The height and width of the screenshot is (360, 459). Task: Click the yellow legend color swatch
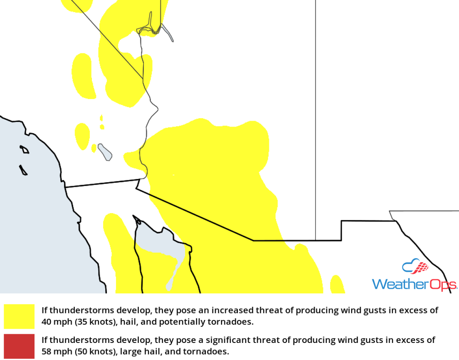point(19,316)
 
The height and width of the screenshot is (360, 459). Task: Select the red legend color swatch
point(19,346)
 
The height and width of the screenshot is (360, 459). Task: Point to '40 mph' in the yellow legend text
point(54,322)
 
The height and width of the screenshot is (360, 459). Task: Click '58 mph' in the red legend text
point(54,351)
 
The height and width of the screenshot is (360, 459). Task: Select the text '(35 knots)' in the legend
point(91,322)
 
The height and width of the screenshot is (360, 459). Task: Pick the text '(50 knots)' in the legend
point(91,351)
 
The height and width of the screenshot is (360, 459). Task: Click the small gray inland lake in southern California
point(105,152)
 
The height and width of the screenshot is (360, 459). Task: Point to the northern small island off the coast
point(25,149)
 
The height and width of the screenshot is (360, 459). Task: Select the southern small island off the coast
point(23,170)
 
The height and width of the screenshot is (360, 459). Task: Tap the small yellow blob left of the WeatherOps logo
point(337,285)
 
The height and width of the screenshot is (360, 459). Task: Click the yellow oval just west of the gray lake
point(82,136)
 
